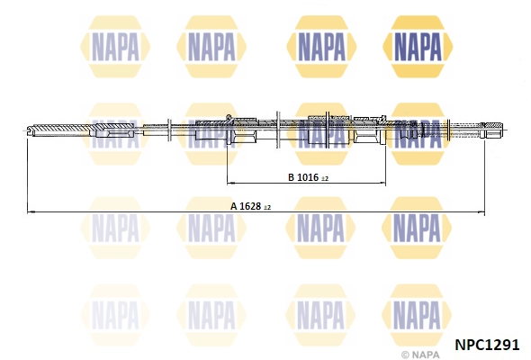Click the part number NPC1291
(x=487, y=343)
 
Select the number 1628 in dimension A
(x=251, y=206)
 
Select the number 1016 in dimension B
(x=307, y=178)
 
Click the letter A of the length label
(x=233, y=206)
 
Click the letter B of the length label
(x=291, y=178)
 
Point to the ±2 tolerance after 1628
(x=267, y=207)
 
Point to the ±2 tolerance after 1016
(x=324, y=179)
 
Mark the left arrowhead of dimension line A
(x=31, y=211)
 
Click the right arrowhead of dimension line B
(x=383, y=184)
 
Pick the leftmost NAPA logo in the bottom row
(x=114, y=314)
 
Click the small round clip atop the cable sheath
(x=229, y=118)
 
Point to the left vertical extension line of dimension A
(x=27, y=175)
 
